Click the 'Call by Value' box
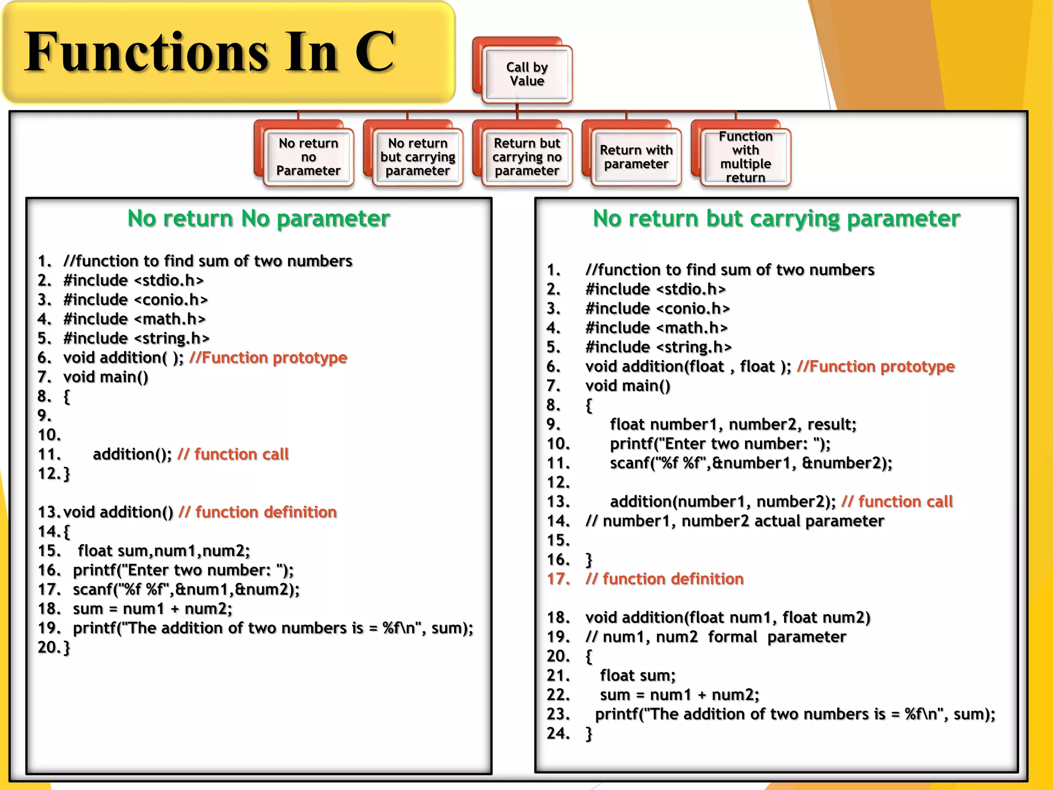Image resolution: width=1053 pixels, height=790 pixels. click(x=527, y=74)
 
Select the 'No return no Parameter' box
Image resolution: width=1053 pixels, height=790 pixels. click(x=308, y=157)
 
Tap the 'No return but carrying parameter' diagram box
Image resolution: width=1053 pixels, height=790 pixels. click(x=417, y=157)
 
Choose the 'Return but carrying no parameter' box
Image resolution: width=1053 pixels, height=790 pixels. click(x=527, y=157)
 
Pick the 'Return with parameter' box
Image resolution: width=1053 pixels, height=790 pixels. click(x=636, y=157)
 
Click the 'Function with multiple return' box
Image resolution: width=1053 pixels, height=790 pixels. click(x=746, y=157)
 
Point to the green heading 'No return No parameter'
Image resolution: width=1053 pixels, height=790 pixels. click(x=259, y=219)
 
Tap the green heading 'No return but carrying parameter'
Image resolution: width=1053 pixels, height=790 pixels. click(x=776, y=219)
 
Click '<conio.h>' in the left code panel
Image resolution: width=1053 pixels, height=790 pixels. click(x=171, y=300)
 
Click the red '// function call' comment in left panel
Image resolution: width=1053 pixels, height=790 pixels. click(x=233, y=454)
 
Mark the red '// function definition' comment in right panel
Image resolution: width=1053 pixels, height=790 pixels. click(x=664, y=579)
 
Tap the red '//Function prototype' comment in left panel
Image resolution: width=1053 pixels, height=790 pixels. click(x=268, y=357)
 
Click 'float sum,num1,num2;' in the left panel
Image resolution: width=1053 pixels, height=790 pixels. click(x=164, y=551)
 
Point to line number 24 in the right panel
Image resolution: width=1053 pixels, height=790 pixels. click(x=558, y=733)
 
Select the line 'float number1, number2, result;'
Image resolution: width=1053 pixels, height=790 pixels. click(x=733, y=424)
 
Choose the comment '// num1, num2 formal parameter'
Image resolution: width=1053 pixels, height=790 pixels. click(x=715, y=637)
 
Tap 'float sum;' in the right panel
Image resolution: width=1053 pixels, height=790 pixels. click(x=638, y=675)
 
